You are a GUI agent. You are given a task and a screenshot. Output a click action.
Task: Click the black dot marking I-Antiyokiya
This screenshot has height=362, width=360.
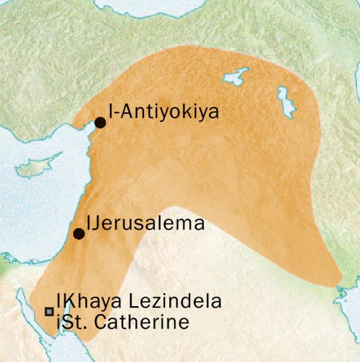100,122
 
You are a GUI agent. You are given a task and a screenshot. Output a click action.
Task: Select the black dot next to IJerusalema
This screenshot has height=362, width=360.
79,234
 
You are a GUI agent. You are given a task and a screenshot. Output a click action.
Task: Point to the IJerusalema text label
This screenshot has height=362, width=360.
146,224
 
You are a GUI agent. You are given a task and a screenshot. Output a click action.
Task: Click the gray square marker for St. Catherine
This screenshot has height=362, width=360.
49,311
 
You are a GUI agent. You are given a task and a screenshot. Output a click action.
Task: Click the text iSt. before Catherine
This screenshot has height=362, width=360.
71,322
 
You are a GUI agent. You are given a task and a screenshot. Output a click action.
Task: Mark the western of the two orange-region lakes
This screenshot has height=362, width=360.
235,77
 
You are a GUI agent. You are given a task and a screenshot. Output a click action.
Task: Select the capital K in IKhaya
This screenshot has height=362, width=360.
62,301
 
